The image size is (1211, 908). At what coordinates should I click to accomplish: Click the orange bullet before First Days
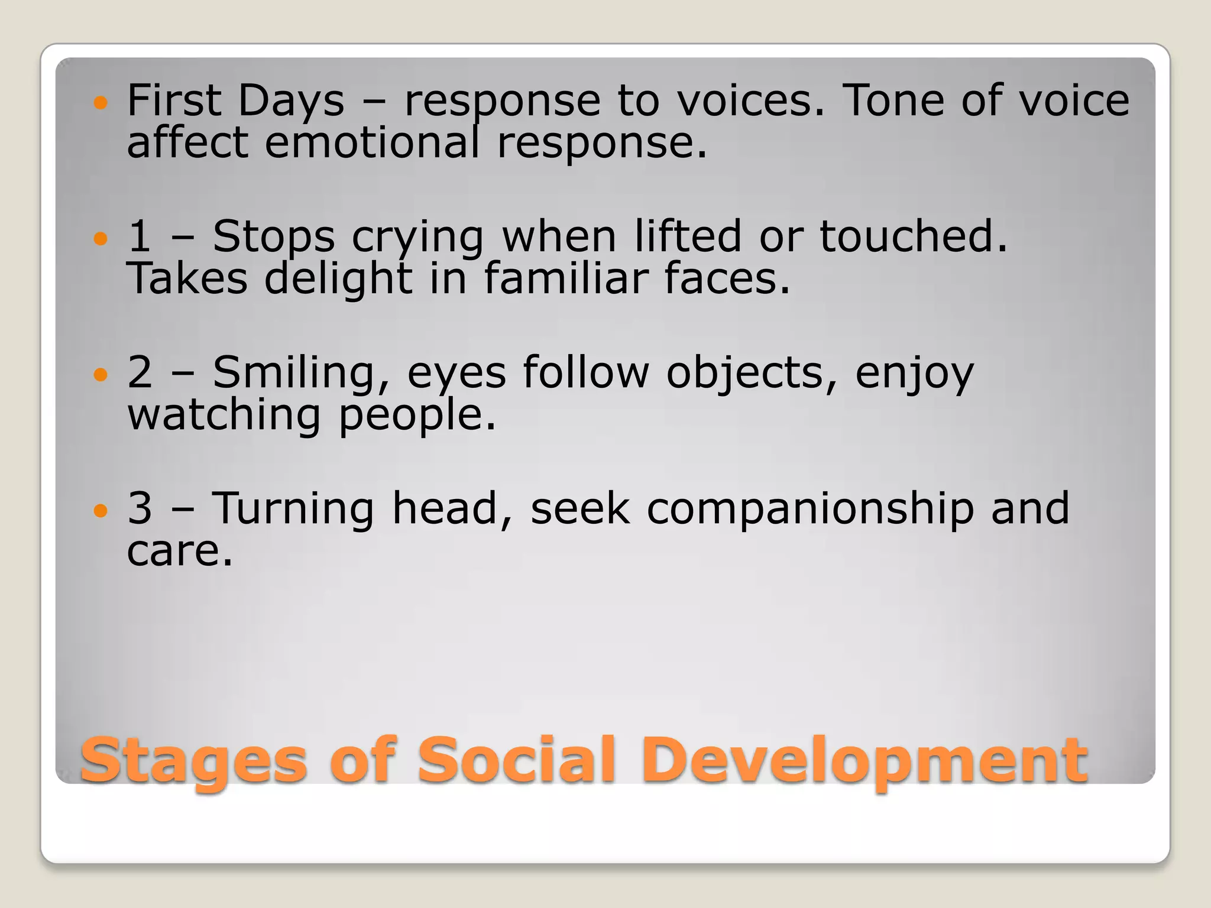pyautogui.click(x=101, y=103)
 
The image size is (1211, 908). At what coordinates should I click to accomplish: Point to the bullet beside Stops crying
pyautogui.click(x=101, y=239)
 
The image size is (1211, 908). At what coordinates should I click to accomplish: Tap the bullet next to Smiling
pyautogui.click(x=101, y=375)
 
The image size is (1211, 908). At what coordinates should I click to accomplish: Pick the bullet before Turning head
pyautogui.click(x=101, y=511)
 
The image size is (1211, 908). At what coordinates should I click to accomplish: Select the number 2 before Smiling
pyautogui.click(x=140, y=372)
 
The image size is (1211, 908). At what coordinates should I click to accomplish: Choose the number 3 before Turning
pyautogui.click(x=140, y=508)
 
